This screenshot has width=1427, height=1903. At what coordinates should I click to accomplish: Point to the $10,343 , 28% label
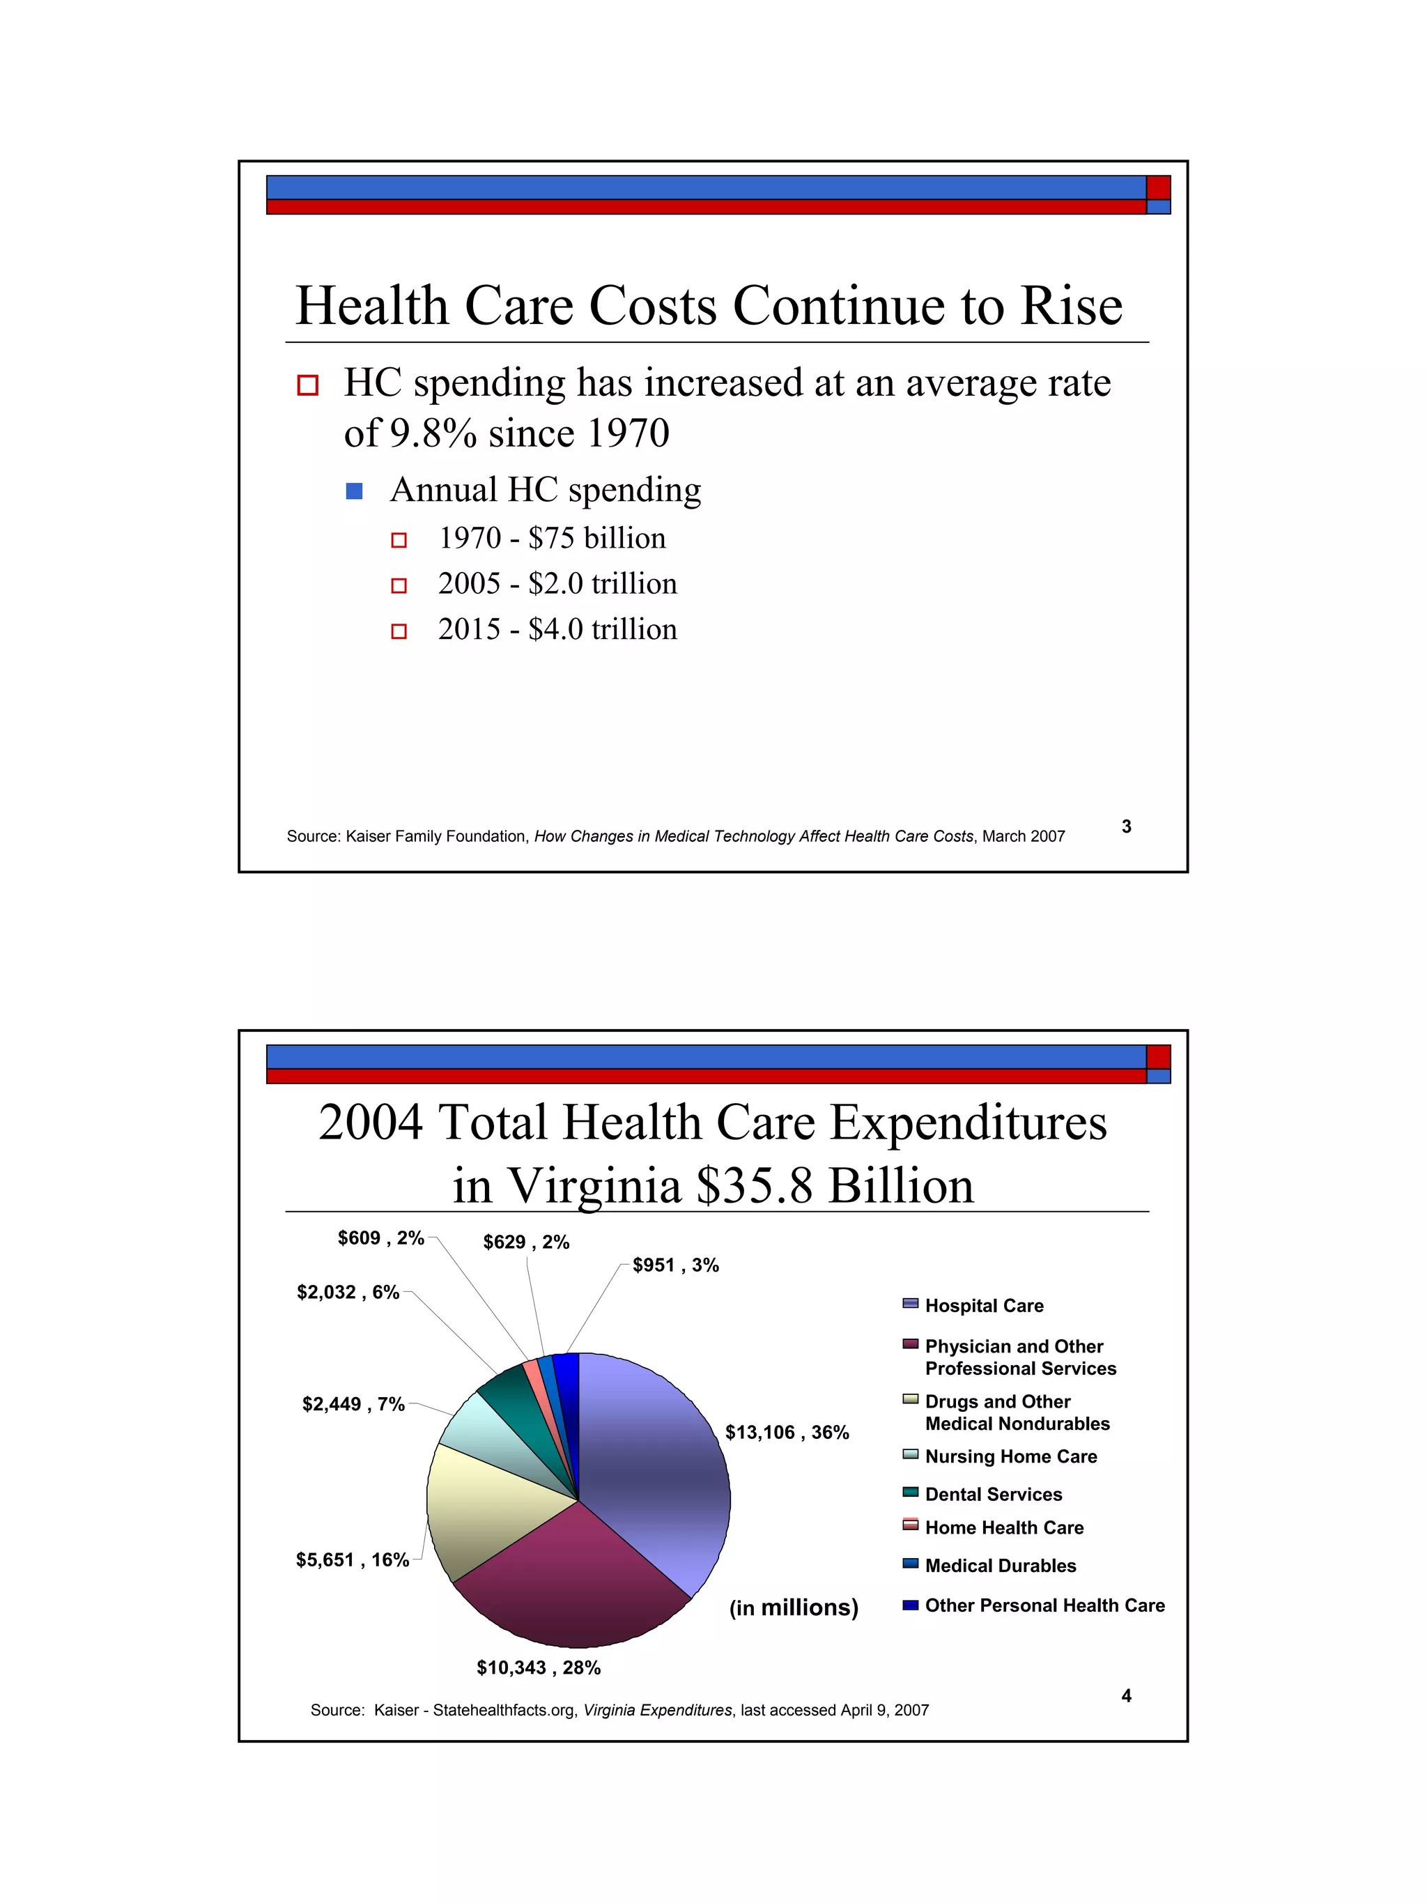[539, 1667]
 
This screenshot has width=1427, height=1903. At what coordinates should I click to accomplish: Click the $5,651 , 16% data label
[353, 1559]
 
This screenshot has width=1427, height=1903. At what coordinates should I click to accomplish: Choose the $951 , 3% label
[675, 1265]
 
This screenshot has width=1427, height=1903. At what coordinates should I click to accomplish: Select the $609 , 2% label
[381, 1238]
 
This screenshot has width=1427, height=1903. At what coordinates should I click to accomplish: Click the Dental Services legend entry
[993, 1495]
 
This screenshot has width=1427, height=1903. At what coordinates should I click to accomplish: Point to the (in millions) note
[793, 1608]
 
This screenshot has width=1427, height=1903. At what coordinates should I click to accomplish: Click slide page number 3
[1126, 826]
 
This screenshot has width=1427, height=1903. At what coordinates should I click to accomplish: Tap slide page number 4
[1126, 1695]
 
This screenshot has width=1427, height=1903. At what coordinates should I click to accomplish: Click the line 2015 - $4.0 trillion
[557, 630]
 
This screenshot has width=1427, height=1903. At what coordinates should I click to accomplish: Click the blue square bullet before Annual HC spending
[353, 491]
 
